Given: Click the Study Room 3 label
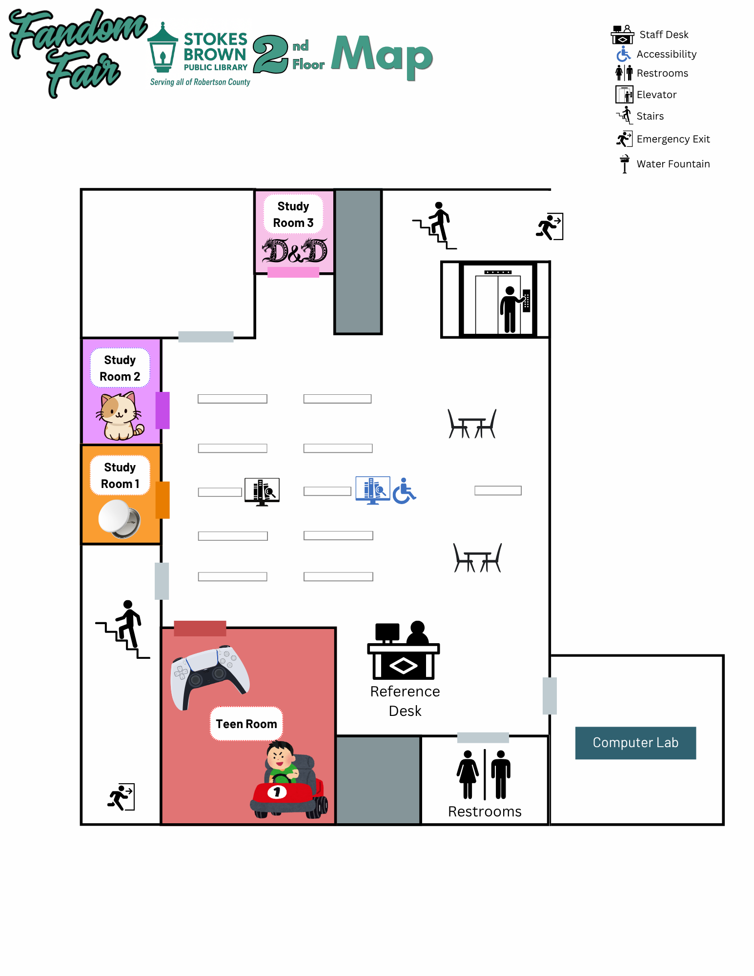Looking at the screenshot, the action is [x=293, y=214].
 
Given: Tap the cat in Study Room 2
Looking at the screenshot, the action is [x=119, y=416].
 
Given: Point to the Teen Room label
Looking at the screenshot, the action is [x=246, y=724].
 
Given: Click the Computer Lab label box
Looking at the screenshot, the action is [x=635, y=743].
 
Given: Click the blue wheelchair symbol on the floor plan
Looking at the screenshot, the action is [x=404, y=491].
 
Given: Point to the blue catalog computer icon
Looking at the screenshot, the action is [x=373, y=490].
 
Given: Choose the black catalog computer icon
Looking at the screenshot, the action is [x=262, y=491].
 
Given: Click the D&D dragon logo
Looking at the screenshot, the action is [x=295, y=251].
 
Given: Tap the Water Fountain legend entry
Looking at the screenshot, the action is [x=664, y=164].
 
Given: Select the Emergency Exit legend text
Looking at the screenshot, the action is [x=673, y=139].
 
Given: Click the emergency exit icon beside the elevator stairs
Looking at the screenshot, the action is [x=550, y=226].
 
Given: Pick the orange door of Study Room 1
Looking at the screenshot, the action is [x=163, y=500].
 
